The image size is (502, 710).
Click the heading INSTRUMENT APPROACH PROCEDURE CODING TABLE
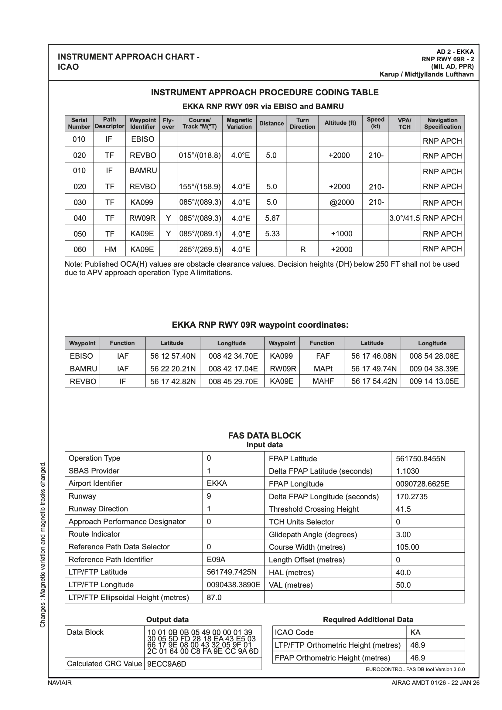tap(265, 92)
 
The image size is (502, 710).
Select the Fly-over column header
tap(168, 123)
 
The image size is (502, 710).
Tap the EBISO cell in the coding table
tap(143, 139)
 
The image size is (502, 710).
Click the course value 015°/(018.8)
tap(200, 155)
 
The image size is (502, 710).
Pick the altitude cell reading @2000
tap(341, 202)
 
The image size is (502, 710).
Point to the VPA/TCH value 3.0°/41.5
tap(404, 218)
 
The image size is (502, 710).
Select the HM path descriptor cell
tap(110, 249)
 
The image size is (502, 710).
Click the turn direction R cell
tap(303, 249)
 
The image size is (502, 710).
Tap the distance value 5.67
tap(272, 218)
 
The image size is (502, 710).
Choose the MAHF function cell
tap(323, 381)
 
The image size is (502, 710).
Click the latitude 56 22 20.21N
tap(173, 369)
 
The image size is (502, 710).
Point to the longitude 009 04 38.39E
tap(434, 369)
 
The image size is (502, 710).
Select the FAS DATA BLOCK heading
tap(265, 436)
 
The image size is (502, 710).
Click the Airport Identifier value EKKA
tap(217, 483)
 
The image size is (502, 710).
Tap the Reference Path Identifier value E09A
tap(216, 559)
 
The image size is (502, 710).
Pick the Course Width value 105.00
tap(407, 547)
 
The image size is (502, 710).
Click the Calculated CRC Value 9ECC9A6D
tap(167, 664)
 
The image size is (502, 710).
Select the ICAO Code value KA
tap(415, 632)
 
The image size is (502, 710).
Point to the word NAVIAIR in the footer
tap(60, 682)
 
